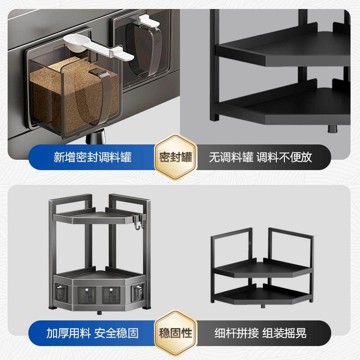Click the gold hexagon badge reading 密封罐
tap(175, 157)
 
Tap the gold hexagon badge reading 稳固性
tap(175, 333)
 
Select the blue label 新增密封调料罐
tap(92, 157)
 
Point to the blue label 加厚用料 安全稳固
tap(92, 333)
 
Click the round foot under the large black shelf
tap(332, 129)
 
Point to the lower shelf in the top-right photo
tap(288, 106)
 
